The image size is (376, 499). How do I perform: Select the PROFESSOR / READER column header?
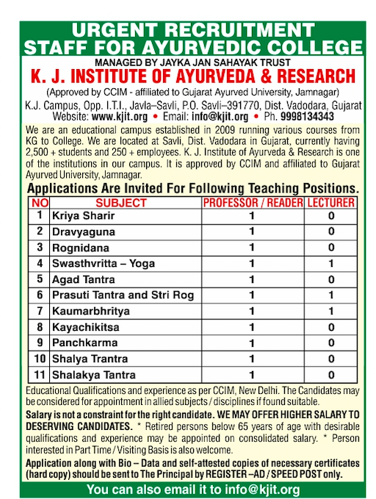coord(251,202)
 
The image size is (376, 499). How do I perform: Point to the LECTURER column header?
coord(331,202)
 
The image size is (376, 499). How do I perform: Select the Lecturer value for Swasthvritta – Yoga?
coord(331,263)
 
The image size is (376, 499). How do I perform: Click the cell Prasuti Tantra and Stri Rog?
coord(122,295)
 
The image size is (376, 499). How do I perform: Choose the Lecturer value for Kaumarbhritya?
coord(331,311)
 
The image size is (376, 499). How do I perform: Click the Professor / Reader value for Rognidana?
coord(251,248)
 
